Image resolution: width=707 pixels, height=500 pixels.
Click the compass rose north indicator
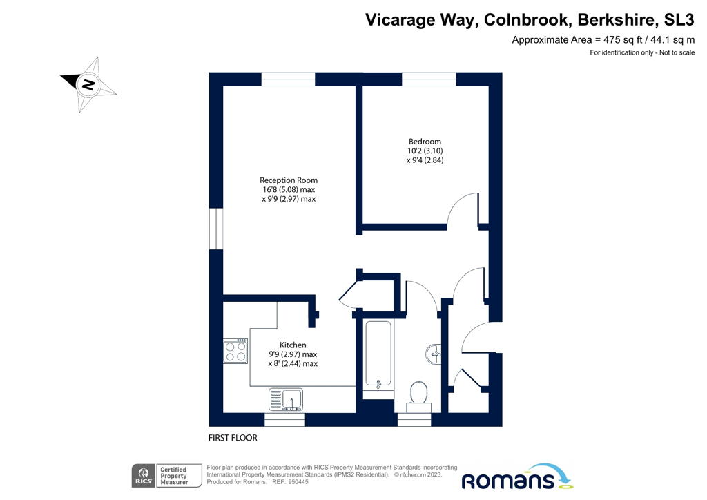88,84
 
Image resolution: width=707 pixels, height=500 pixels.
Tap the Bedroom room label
424,142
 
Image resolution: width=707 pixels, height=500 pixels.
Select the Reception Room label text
289,180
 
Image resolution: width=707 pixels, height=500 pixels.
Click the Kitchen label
293,345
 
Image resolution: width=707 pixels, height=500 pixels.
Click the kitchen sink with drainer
286,399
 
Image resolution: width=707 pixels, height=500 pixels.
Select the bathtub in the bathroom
378,356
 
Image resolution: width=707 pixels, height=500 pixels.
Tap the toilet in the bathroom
418,394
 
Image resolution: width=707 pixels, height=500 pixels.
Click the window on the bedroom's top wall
429,79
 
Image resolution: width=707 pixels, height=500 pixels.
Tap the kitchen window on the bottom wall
284,419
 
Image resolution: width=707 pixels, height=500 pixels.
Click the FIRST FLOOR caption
233,438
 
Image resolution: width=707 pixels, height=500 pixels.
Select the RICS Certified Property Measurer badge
159,478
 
